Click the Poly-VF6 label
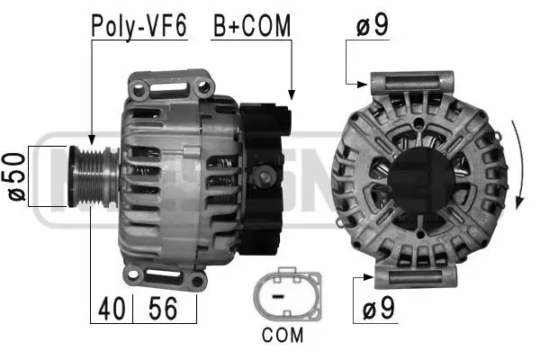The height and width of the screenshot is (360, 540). [138, 25]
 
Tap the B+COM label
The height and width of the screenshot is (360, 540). [252, 25]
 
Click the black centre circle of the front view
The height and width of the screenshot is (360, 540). [421, 176]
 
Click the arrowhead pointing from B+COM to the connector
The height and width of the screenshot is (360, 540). [290, 94]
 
